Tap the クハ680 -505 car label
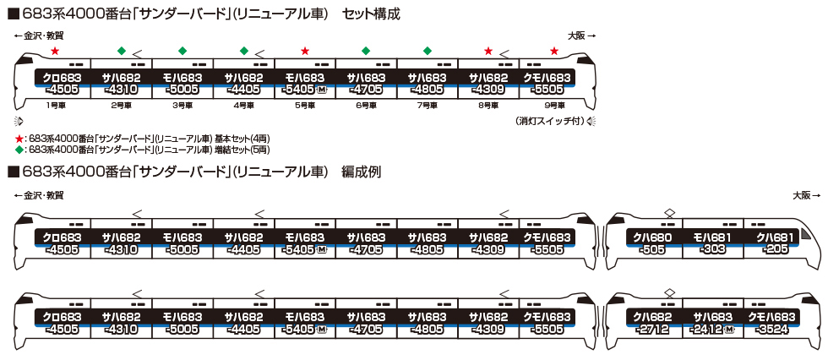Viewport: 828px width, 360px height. pyautogui.click(x=652, y=243)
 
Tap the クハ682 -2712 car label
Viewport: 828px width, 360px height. pyautogui.click(x=652, y=324)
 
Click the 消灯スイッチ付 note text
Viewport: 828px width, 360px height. pyautogui.click(x=548, y=122)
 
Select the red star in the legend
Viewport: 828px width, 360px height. pyautogui.click(x=19, y=137)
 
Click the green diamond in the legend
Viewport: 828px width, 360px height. pyautogui.click(x=19, y=149)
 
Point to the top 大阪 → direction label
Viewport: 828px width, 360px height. pyautogui.click(x=581, y=35)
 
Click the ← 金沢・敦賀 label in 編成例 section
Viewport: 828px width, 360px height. pyautogui.click(x=39, y=195)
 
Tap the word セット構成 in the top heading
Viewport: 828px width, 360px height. pyautogui.click(x=372, y=14)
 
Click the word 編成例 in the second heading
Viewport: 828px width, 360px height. pyautogui.click(x=361, y=172)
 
